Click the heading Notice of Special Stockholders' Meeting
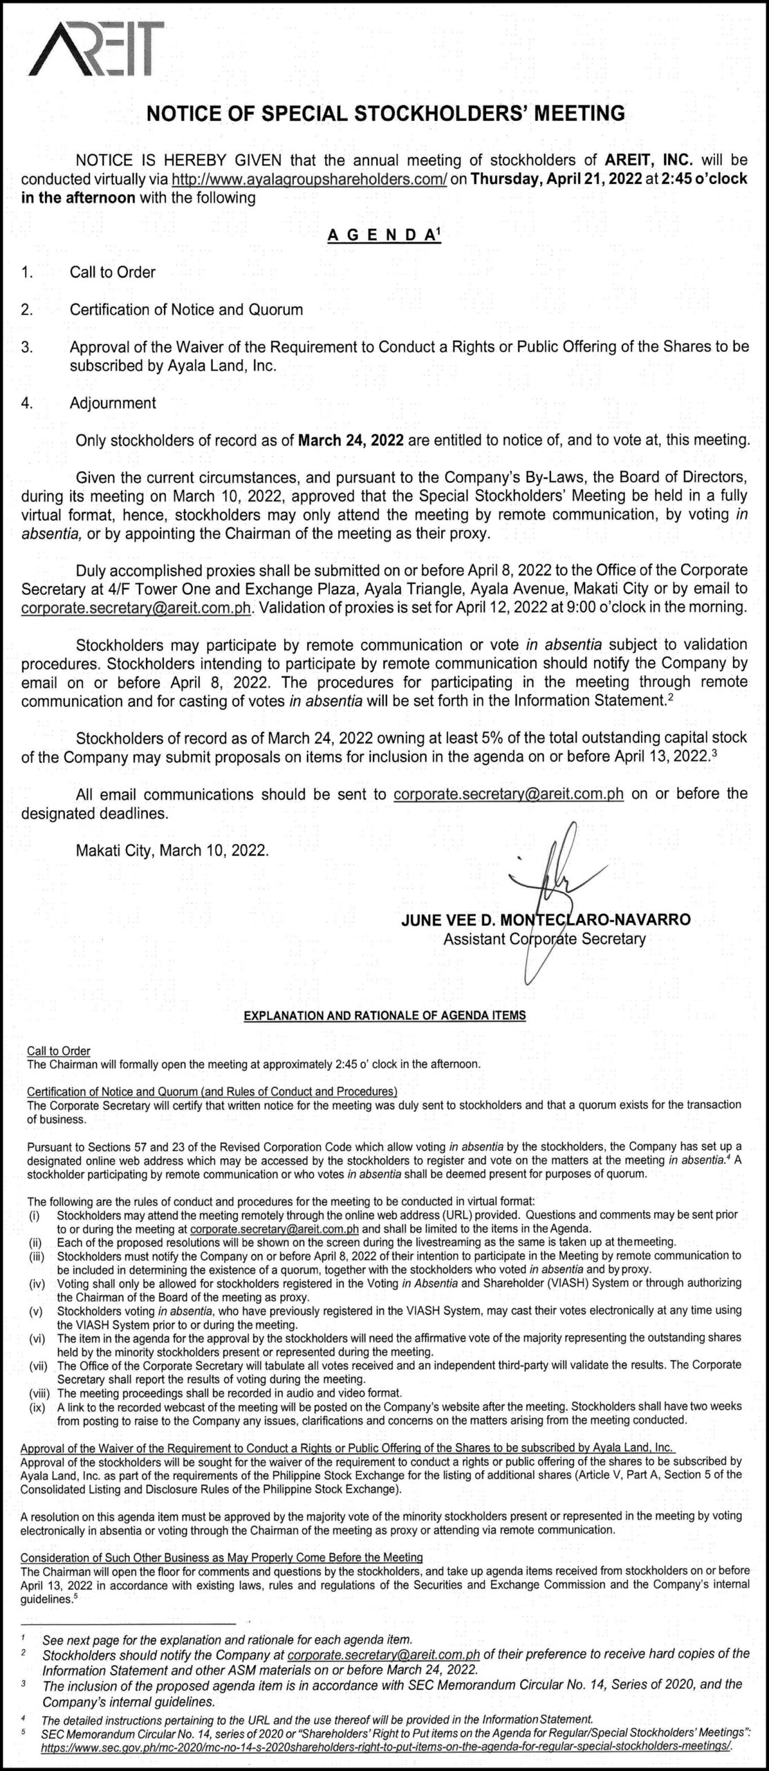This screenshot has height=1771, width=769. coord(385,113)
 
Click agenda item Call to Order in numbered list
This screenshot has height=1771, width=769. coord(113,273)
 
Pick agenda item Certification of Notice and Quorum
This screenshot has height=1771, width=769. coord(186,309)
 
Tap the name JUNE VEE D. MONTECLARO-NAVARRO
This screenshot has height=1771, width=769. coord(545,920)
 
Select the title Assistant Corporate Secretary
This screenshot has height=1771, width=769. coord(544,939)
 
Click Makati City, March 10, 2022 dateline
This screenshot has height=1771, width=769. coord(172,850)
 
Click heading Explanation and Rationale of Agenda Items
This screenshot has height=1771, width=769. coord(384,1016)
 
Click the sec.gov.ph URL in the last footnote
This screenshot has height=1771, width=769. coord(386,1760)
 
